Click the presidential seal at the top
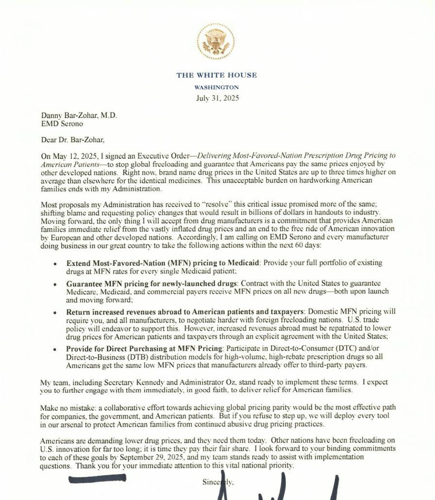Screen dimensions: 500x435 216,42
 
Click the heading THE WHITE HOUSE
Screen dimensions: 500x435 217,75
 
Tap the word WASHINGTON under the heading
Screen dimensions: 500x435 217,88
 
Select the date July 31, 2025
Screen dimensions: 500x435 217,98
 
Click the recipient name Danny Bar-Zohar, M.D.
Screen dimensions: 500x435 79,116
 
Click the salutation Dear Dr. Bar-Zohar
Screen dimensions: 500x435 72,140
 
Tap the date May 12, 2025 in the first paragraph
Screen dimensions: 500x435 74,156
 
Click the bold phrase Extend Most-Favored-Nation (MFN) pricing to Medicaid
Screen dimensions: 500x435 164,263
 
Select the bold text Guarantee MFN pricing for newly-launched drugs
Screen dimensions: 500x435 152,283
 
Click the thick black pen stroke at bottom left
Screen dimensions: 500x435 97,479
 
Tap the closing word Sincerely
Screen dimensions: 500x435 218,482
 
